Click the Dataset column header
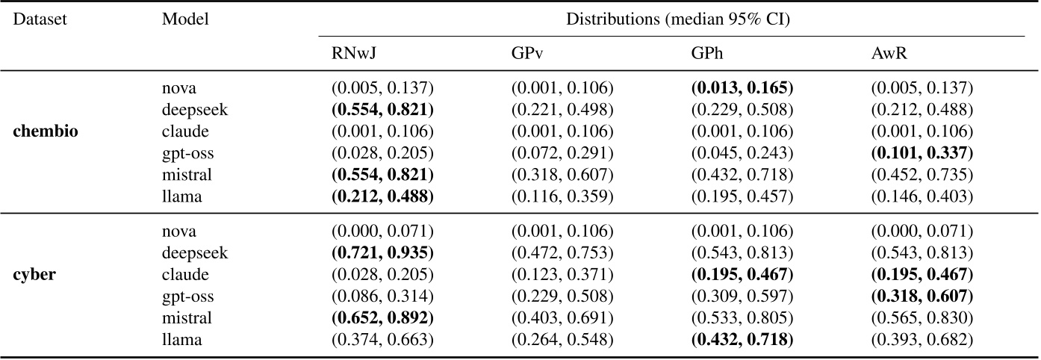coord(40,19)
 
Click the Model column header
coord(185,19)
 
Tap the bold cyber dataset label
coord(36,275)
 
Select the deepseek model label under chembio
coord(194,110)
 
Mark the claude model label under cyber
coord(185,275)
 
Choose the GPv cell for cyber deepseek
coord(562,253)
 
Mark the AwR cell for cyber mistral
coord(922,318)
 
